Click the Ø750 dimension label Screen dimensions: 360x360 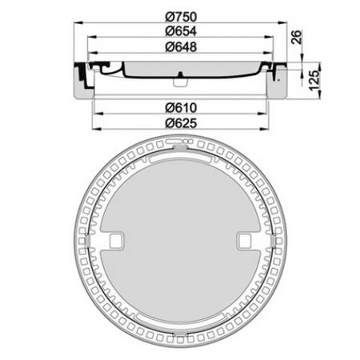tap(181, 17)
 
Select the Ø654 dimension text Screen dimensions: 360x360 tap(181, 31)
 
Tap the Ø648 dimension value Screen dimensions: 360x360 tap(181, 47)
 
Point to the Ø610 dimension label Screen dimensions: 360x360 tap(181, 108)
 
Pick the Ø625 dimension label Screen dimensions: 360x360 tap(181, 123)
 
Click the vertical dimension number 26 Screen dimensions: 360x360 tap(297, 37)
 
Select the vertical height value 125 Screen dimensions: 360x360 tap(314, 80)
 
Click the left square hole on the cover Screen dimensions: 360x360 tap(116, 241)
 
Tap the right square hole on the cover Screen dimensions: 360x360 tap(245, 241)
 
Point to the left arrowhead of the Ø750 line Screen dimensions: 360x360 tap(78, 23)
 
